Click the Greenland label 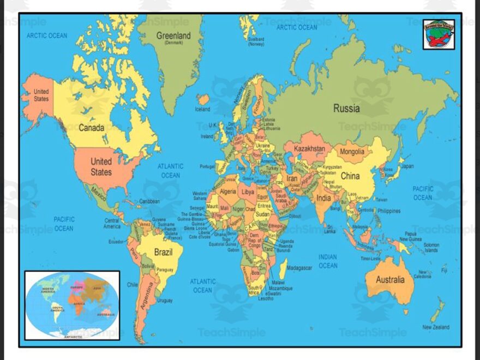click(x=174, y=36)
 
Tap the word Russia click(x=346, y=109)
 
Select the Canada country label click(x=91, y=128)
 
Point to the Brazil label click(x=163, y=253)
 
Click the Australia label click(x=390, y=280)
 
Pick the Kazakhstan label click(x=309, y=148)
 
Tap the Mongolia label click(x=352, y=152)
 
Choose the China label click(x=350, y=176)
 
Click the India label click(x=323, y=198)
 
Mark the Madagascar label click(x=299, y=268)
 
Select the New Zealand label click(x=436, y=327)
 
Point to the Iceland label click(x=202, y=109)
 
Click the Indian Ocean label click(x=328, y=261)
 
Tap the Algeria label click(x=227, y=192)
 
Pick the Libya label click(x=248, y=192)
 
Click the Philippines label click(x=388, y=211)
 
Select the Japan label click(x=407, y=166)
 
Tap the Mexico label click(x=99, y=193)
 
